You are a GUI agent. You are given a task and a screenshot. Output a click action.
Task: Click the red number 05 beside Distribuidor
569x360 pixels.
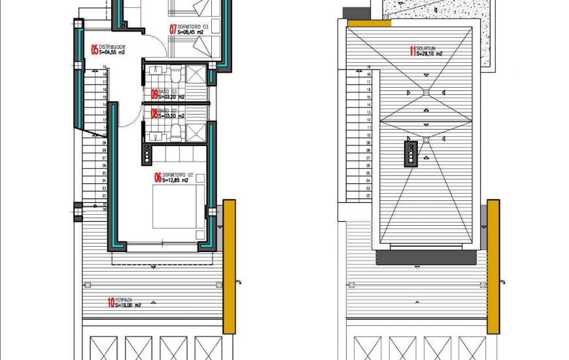click(x=94, y=49)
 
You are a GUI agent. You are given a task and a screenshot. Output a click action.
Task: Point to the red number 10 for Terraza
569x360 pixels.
click(x=111, y=302)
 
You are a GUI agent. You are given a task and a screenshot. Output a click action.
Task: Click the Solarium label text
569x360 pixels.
click(x=429, y=48)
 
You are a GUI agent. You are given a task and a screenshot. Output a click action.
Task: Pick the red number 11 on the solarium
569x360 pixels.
click(x=412, y=50)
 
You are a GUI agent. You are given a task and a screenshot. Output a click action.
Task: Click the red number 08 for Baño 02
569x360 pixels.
click(x=154, y=113)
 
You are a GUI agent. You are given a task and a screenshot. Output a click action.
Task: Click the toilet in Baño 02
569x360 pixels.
click(x=177, y=134)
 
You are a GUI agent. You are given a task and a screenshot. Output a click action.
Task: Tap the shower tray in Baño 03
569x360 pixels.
click(x=196, y=72)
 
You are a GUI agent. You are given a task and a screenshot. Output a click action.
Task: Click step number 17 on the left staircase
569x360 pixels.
click(x=104, y=82)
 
